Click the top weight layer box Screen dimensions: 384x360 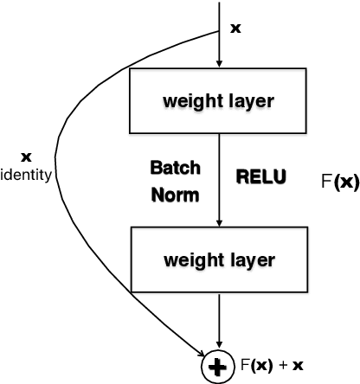tap(219, 100)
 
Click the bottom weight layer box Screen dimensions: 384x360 tap(219, 259)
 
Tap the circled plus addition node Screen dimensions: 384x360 tap(214, 368)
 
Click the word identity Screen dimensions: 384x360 tap(28, 174)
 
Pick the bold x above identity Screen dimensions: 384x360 tap(26, 157)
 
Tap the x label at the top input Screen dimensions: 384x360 tap(236, 29)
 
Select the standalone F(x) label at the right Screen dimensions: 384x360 tap(338, 182)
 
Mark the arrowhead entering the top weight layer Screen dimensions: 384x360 tap(220, 63)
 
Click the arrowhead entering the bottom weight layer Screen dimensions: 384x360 tap(220, 222)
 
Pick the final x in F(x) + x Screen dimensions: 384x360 tap(298, 367)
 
